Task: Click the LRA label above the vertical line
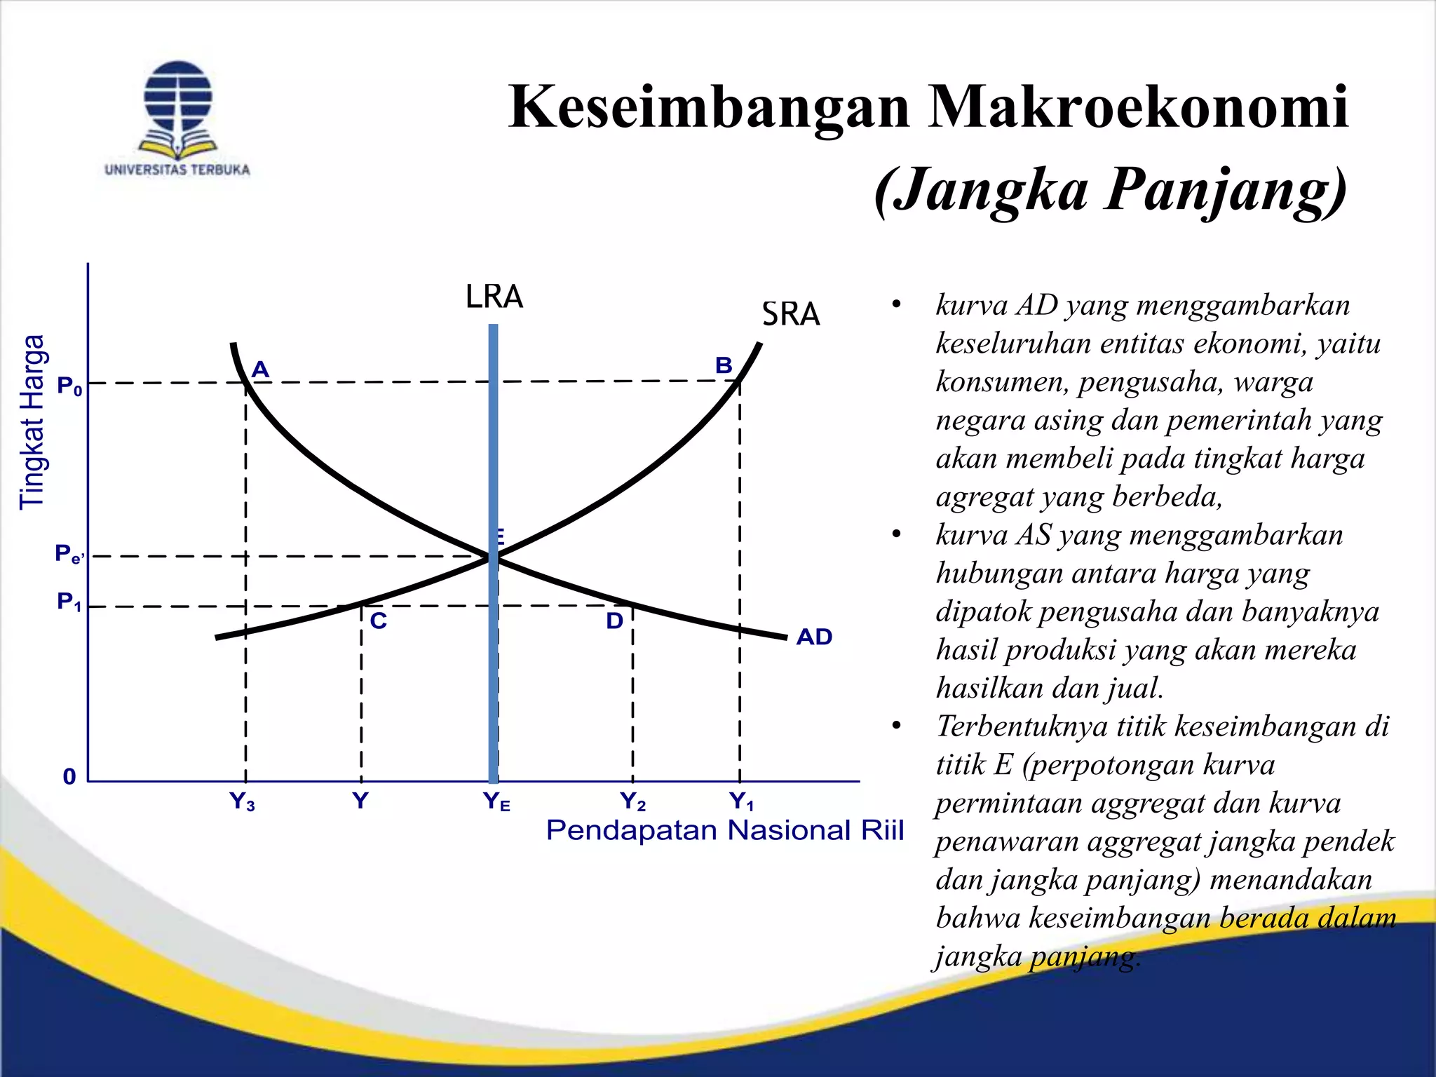(x=494, y=297)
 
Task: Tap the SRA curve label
(x=790, y=314)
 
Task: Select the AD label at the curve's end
(x=814, y=637)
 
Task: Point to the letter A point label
(x=260, y=369)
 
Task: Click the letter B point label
(x=724, y=365)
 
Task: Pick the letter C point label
(x=378, y=621)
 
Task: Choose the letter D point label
(x=614, y=621)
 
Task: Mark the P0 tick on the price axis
(x=69, y=386)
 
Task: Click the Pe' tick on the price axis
(x=69, y=555)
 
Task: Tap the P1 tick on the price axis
(x=69, y=602)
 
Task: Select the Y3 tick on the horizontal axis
(x=243, y=801)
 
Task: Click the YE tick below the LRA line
(x=496, y=801)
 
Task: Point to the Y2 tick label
(x=632, y=801)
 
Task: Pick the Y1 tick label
(x=741, y=801)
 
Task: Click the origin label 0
(x=69, y=777)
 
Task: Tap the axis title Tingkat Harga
(x=32, y=422)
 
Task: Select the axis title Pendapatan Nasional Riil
(x=725, y=830)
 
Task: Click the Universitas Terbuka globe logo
(x=177, y=109)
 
